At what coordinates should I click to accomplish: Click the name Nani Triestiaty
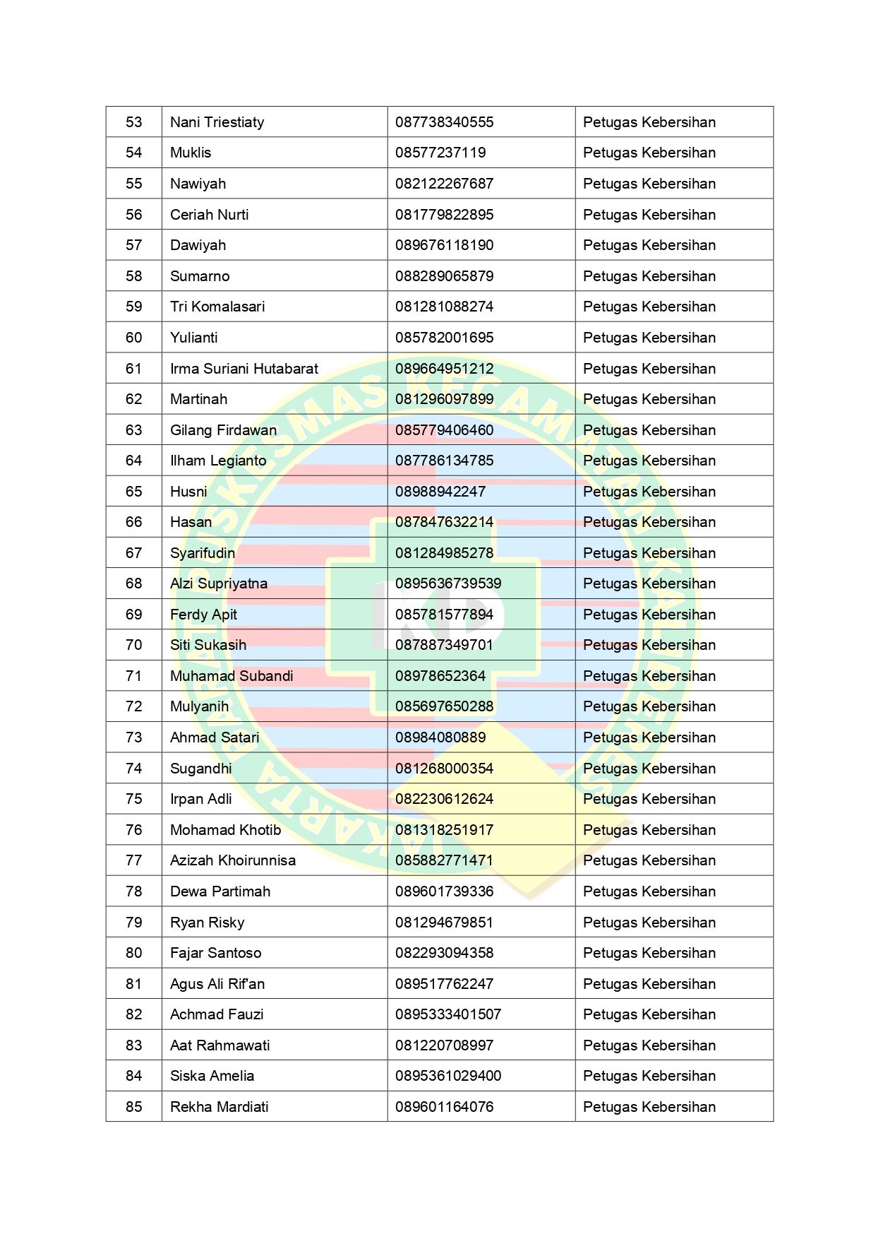217,122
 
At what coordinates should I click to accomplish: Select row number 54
133,153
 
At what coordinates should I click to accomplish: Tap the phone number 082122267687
444,184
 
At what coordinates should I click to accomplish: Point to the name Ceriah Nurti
209,215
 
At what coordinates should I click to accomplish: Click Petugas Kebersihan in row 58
649,276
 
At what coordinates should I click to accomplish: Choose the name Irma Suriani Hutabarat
244,369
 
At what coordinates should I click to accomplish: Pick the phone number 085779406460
444,430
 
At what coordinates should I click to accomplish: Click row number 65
133,492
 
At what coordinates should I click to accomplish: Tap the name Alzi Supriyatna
218,583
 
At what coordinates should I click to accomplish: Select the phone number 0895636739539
448,583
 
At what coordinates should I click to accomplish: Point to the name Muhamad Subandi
231,676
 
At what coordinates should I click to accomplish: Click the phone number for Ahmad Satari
440,737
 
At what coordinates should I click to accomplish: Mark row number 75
133,799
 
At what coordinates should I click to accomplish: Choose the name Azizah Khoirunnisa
232,860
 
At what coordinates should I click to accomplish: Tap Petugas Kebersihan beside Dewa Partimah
649,891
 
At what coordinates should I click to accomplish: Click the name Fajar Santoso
215,953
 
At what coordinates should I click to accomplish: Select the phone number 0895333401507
448,1014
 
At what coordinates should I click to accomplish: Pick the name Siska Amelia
212,1076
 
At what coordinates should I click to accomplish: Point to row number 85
133,1107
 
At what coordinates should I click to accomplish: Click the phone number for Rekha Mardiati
444,1107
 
